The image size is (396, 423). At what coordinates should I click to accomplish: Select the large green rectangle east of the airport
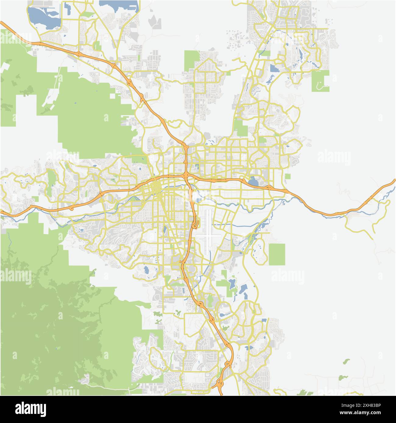coord(277,254)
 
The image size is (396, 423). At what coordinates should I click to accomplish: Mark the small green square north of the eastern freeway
coord(288,176)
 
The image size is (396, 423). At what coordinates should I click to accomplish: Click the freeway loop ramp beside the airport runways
coord(196,225)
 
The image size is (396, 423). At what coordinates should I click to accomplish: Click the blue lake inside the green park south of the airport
coord(232,284)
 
